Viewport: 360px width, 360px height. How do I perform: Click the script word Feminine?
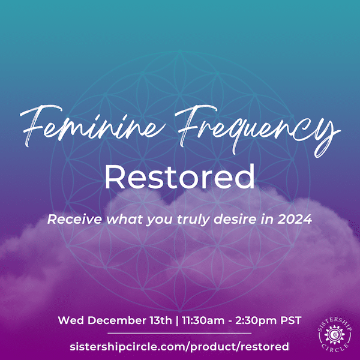[x=92, y=126]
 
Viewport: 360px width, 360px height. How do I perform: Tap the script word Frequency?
[x=257, y=131]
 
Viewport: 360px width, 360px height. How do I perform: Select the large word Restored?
[x=179, y=177]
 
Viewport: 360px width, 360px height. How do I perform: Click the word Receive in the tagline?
[x=74, y=219]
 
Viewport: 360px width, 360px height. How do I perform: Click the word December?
[x=130, y=320]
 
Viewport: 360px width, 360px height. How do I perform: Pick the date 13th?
[x=161, y=320]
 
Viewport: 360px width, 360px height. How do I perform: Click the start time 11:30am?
[x=203, y=320]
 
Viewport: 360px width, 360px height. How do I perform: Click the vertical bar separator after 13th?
[x=177, y=320]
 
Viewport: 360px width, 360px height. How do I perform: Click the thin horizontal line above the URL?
[x=179, y=333]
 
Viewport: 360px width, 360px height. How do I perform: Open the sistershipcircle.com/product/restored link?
[x=179, y=346]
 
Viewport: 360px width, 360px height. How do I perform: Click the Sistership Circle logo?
[x=335, y=335]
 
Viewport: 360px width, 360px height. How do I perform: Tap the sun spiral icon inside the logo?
[x=335, y=335]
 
